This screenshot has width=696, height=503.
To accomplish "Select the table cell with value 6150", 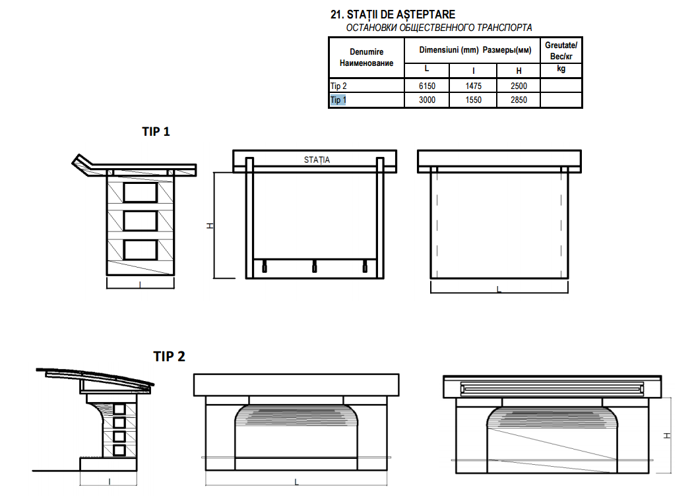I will pos(426,86).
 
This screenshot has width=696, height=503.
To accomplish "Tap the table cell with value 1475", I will pos(473,86).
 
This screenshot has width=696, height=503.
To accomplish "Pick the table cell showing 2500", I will pos(519,86).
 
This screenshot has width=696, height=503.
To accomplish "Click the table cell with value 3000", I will pos(426,100).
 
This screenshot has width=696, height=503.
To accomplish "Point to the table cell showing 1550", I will pos(473,100).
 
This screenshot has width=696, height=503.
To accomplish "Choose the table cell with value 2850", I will pos(519,100).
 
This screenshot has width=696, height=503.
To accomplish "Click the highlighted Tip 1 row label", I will pos(337,100).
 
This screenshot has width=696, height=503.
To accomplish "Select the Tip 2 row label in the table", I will pos(338,86).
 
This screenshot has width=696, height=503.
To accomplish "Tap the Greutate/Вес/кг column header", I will pos(561,51).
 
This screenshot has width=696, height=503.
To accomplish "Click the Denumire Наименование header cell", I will pos(366,57).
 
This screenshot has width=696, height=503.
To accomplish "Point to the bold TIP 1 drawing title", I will pos(156,131).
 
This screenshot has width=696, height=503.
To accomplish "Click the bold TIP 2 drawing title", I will pos(170,357).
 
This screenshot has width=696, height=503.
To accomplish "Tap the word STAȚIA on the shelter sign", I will pos(317,160).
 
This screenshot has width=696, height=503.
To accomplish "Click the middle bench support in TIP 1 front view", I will pos(314,266).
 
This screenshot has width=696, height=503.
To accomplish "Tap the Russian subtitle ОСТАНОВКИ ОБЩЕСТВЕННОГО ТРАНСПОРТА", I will pos(439,28).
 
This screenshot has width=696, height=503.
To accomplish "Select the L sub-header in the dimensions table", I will pos(426,69).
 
